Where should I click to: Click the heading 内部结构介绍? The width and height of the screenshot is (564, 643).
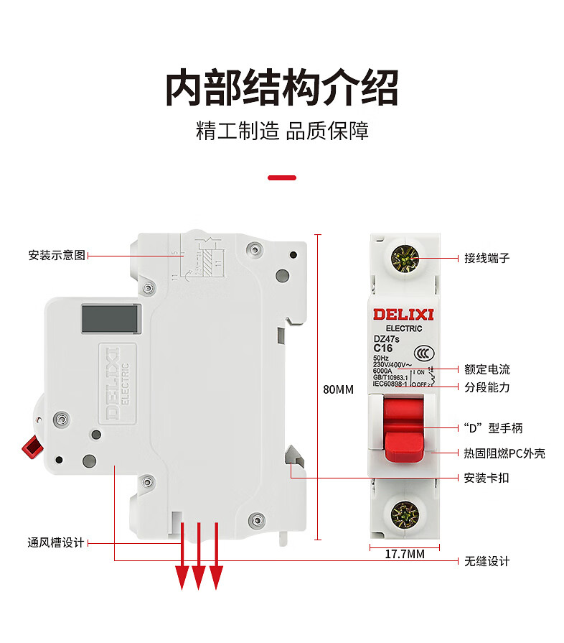[282, 88]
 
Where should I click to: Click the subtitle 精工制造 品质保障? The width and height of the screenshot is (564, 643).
[282, 131]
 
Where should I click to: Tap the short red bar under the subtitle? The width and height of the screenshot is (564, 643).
[282, 177]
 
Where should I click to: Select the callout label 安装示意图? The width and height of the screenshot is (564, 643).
[57, 255]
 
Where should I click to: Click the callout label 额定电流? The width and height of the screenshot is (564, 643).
[487, 369]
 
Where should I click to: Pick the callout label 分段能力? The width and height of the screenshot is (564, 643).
[487, 387]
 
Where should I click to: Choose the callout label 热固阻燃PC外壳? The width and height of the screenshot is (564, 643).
[504, 453]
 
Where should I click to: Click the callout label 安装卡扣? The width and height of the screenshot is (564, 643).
[487, 477]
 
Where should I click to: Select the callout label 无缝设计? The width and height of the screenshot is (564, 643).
[487, 561]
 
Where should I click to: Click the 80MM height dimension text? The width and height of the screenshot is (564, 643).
[339, 390]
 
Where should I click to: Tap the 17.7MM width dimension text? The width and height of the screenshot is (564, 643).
[405, 554]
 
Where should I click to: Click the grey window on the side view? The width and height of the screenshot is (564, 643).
[110, 319]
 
